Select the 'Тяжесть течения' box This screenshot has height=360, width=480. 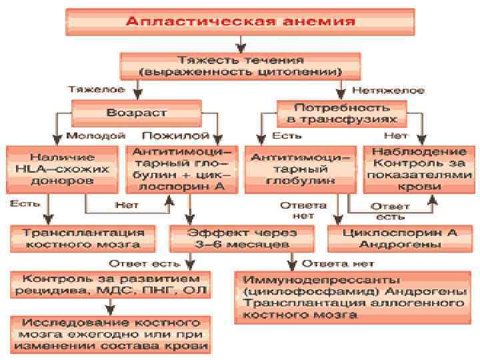(240, 65)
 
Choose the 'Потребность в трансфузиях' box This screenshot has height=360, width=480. (341, 112)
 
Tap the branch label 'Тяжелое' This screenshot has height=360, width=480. (97, 88)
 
